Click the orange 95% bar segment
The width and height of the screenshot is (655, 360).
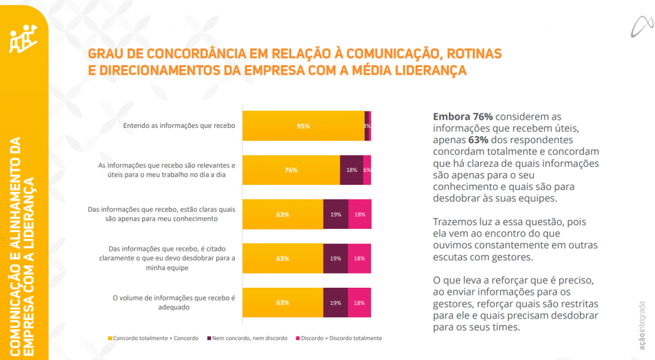[x=303, y=126]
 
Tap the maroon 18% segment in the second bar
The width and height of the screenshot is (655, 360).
[x=351, y=170]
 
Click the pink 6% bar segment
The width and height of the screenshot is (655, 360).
[x=367, y=170]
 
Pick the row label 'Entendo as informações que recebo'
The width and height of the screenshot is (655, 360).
[x=179, y=126]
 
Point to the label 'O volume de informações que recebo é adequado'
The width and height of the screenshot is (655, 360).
[x=174, y=302]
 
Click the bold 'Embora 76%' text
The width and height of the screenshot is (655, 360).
[x=462, y=117]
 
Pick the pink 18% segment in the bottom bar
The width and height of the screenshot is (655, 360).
[x=359, y=302]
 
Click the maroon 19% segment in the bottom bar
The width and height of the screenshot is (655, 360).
[x=336, y=302]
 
